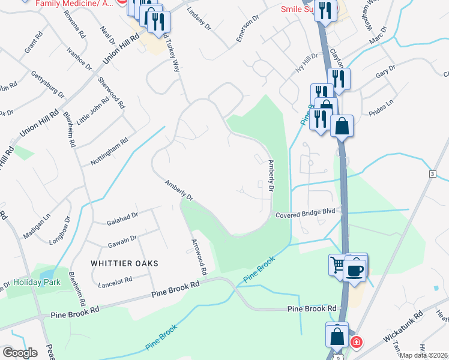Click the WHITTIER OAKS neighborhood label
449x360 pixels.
point(124,263)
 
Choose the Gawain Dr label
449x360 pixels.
point(122,241)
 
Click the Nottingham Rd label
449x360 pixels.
point(109,152)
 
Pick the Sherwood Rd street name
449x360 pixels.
point(112,93)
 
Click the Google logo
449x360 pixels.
point(20,353)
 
